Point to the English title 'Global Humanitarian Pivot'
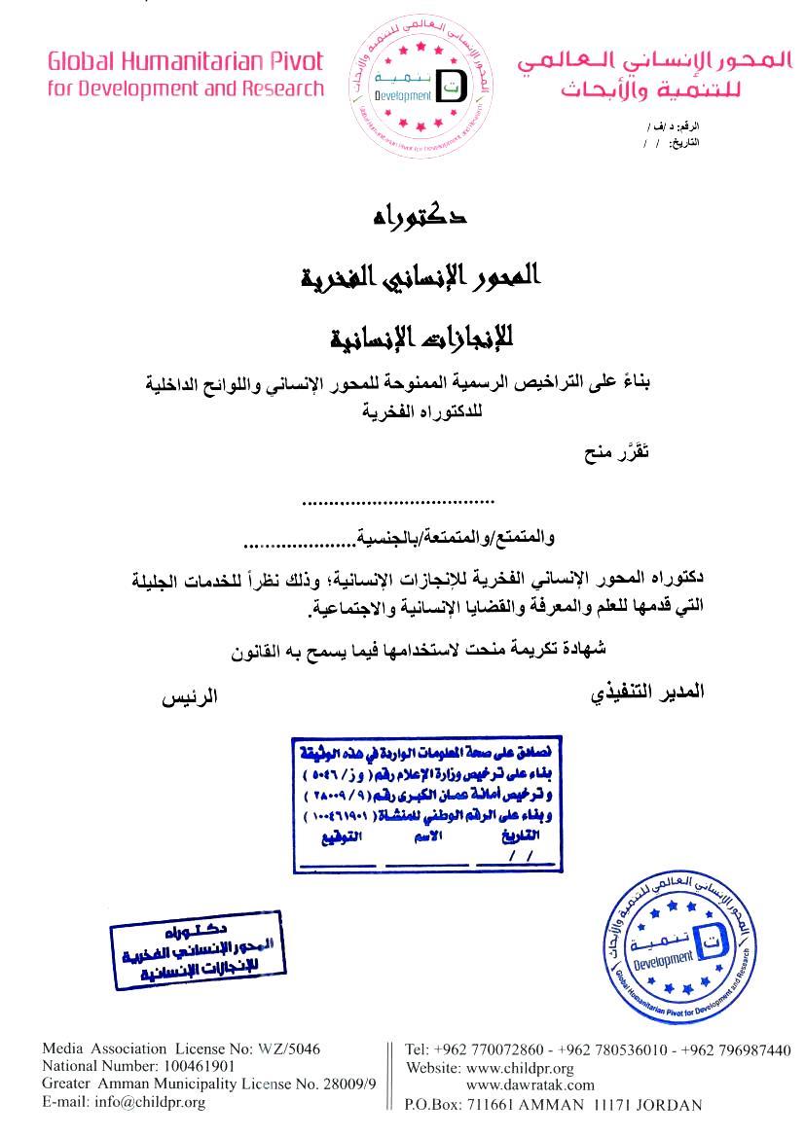(x=185, y=62)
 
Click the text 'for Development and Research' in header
(x=185, y=89)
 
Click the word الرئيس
(x=190, y=696)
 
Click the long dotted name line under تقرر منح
(x=398, y=502)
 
